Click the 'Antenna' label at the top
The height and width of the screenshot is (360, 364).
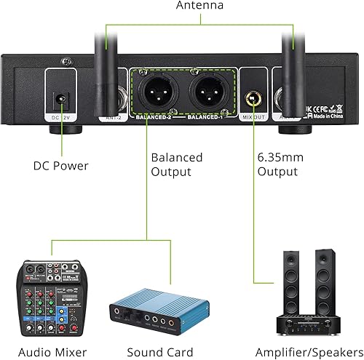pyautogui.click(x=199, y=6)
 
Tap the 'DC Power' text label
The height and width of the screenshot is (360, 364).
pyautogui.click(x=60, y=166)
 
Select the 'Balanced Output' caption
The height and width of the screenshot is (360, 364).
pyautogui.click(x=176, y=164)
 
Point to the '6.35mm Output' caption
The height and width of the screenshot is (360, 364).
pyautogui.click(x=278, y=164)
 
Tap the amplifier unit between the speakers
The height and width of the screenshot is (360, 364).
pyautogui.click(x=309, y=321)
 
